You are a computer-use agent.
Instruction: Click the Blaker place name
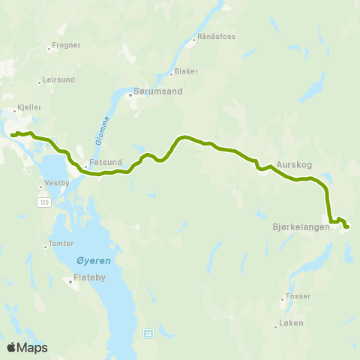click(x=186, y=72)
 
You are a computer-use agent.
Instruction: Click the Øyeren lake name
click(x=94, y=261)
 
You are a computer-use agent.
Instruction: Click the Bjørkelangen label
click(x=301, y=226)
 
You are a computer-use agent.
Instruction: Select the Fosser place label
click(x=295, y=296)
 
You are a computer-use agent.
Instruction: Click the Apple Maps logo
click(x=27, y=347)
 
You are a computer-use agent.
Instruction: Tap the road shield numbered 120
click(x=44, y=203)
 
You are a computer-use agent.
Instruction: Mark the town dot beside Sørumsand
click(x=129, y=94)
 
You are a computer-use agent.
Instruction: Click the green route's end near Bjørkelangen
click(x=347, y=226)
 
